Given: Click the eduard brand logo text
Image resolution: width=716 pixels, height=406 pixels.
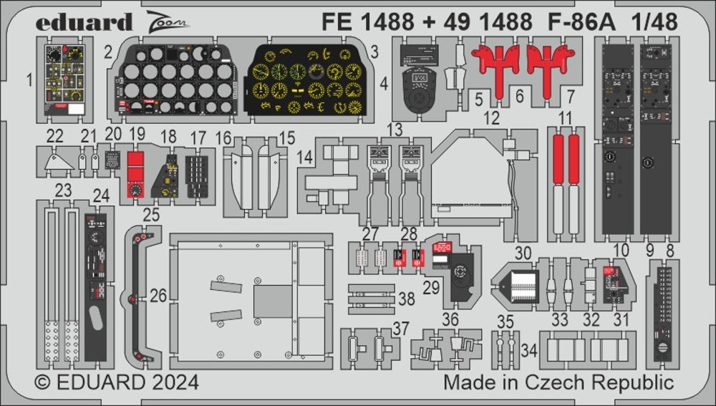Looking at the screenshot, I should tap(84, 22).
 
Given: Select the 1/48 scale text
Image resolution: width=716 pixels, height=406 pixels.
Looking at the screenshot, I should tap(655, 22).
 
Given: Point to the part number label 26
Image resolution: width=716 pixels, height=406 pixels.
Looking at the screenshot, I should tap(159, 294).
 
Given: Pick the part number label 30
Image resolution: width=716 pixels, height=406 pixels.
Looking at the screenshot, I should tap(523, 252).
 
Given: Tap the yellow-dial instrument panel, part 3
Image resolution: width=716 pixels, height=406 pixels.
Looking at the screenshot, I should tap(306, 80).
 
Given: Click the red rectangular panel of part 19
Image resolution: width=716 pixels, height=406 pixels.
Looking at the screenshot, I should tap(133, 167).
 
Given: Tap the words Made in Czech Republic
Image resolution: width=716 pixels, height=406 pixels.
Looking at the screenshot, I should tap(558, 382).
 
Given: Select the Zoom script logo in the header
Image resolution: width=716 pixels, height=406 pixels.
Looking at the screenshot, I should tap(170, 22).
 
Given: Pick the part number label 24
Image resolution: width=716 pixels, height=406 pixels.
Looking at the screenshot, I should tap(101, 195).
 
